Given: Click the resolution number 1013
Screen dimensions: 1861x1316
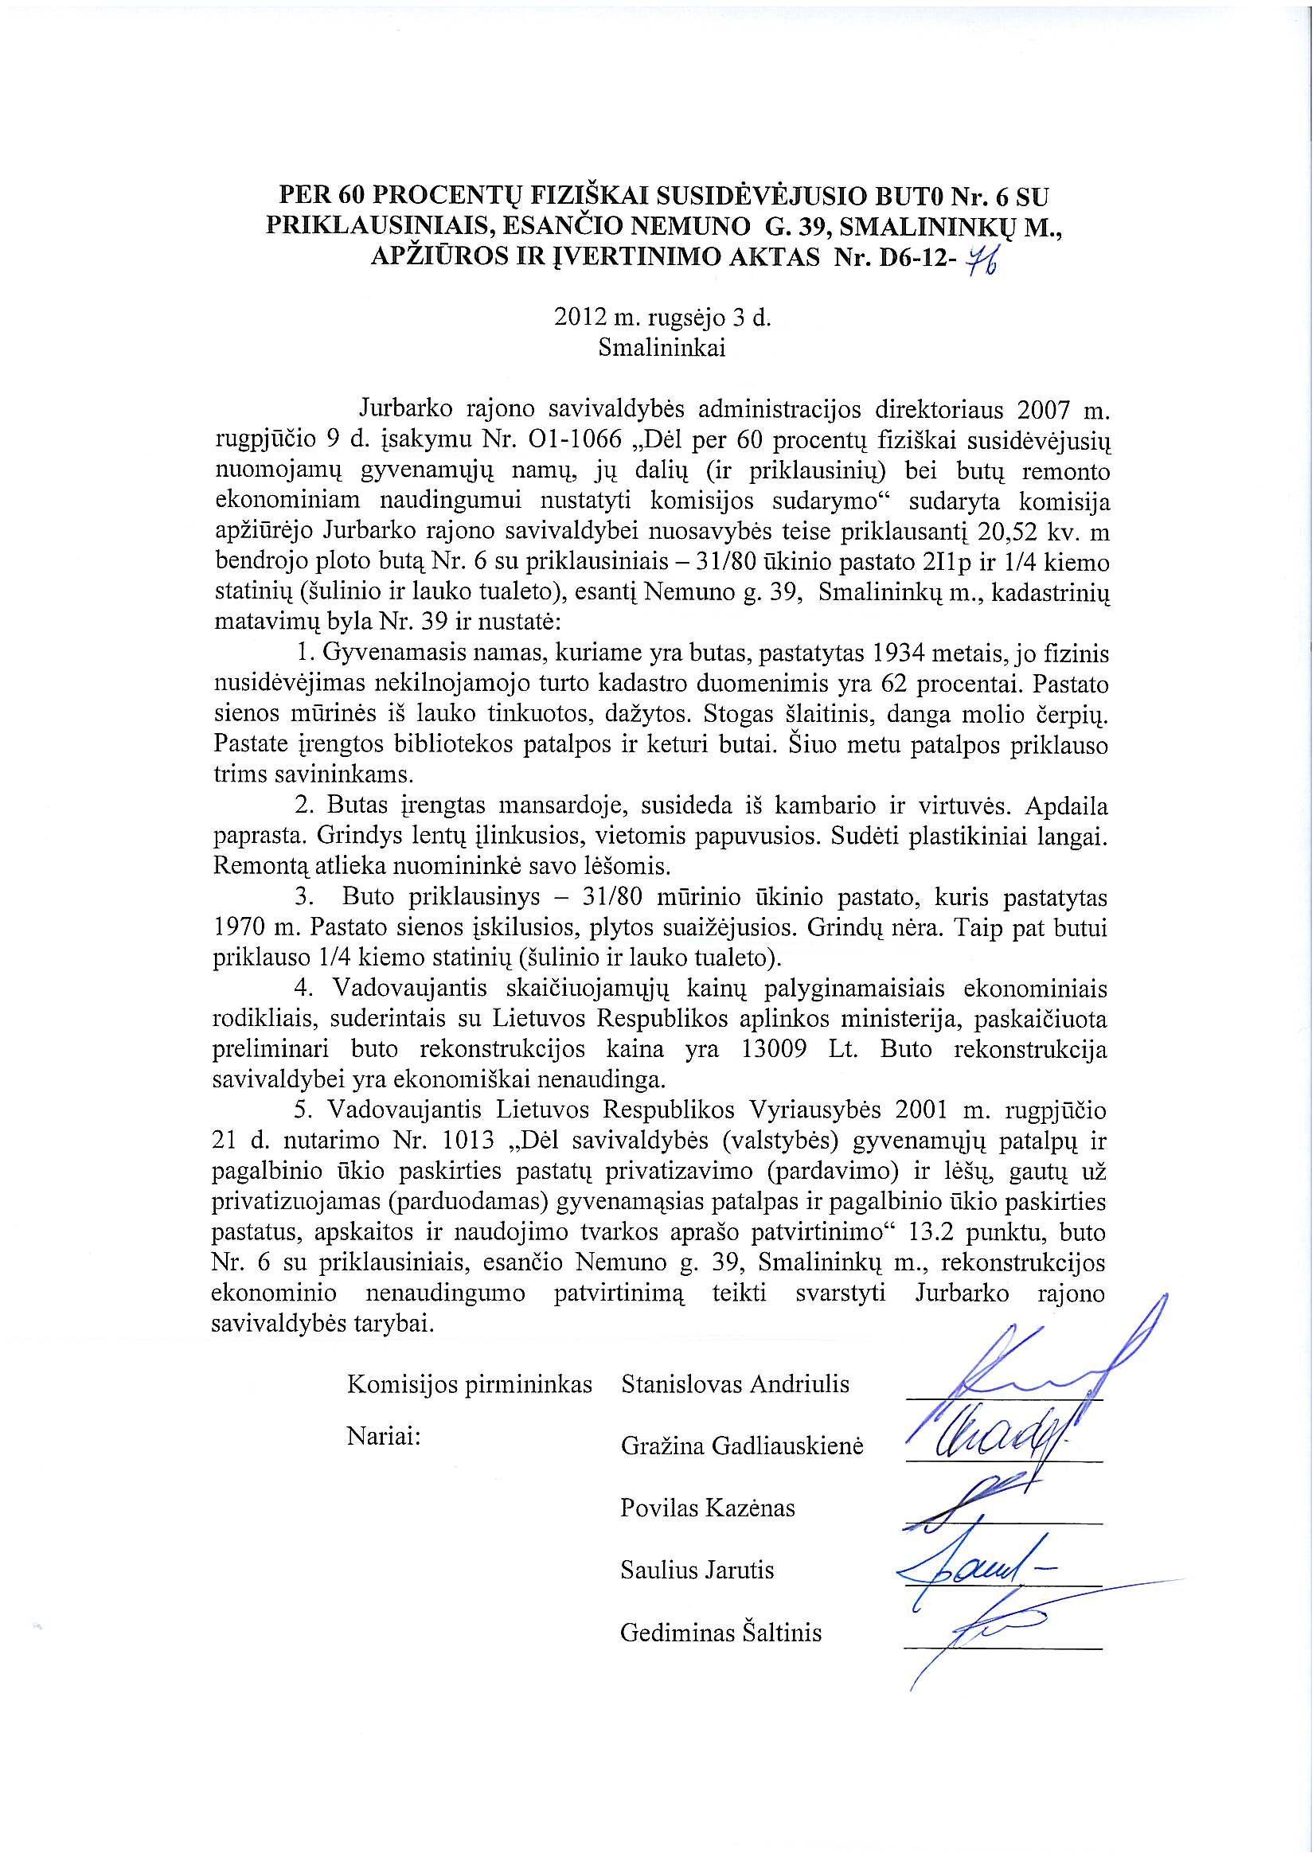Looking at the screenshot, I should click(463, 1140).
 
